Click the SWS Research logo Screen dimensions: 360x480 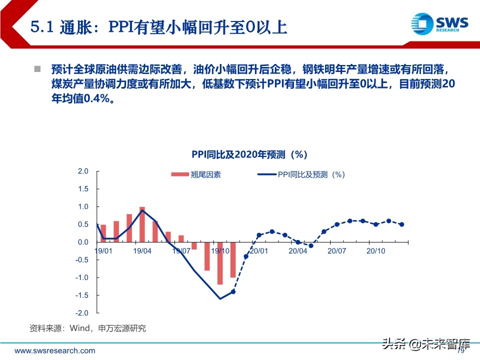coord(439,23)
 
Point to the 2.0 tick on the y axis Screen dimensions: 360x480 coord(83,171)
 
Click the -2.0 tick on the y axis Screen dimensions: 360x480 coord(82,313)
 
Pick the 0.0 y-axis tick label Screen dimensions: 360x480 coord(83,242)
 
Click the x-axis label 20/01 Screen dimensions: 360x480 coord(259,250)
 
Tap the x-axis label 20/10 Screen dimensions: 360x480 coord(376,250)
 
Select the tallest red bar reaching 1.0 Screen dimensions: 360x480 coord(142,224)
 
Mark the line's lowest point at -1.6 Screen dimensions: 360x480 coord(220,299)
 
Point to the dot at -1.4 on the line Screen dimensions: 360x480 coord(233,291)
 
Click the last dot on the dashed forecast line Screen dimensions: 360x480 coord(401,224)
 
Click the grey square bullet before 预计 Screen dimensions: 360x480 coord(37,68)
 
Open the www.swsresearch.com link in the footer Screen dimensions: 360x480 coord(54,350)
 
